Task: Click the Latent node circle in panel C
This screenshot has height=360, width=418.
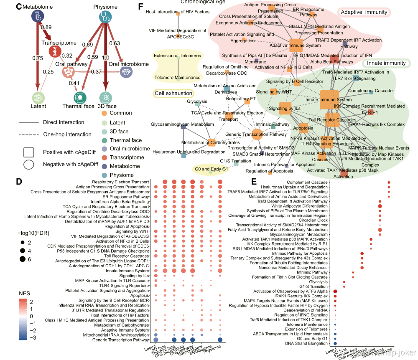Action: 38,98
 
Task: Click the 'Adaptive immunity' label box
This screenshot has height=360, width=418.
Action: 364,12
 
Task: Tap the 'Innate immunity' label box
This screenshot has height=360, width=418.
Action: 386,63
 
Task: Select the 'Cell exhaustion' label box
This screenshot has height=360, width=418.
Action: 172,93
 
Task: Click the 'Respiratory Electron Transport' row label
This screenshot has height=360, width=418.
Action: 120,182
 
